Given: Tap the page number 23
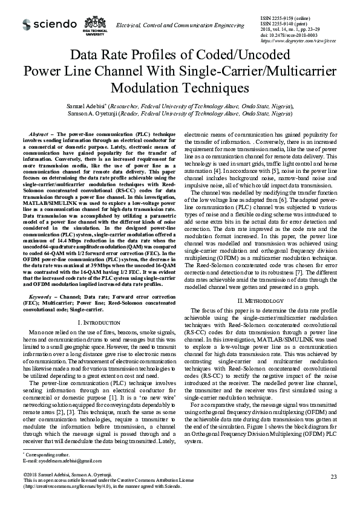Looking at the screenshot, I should (x=333, y=477).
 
